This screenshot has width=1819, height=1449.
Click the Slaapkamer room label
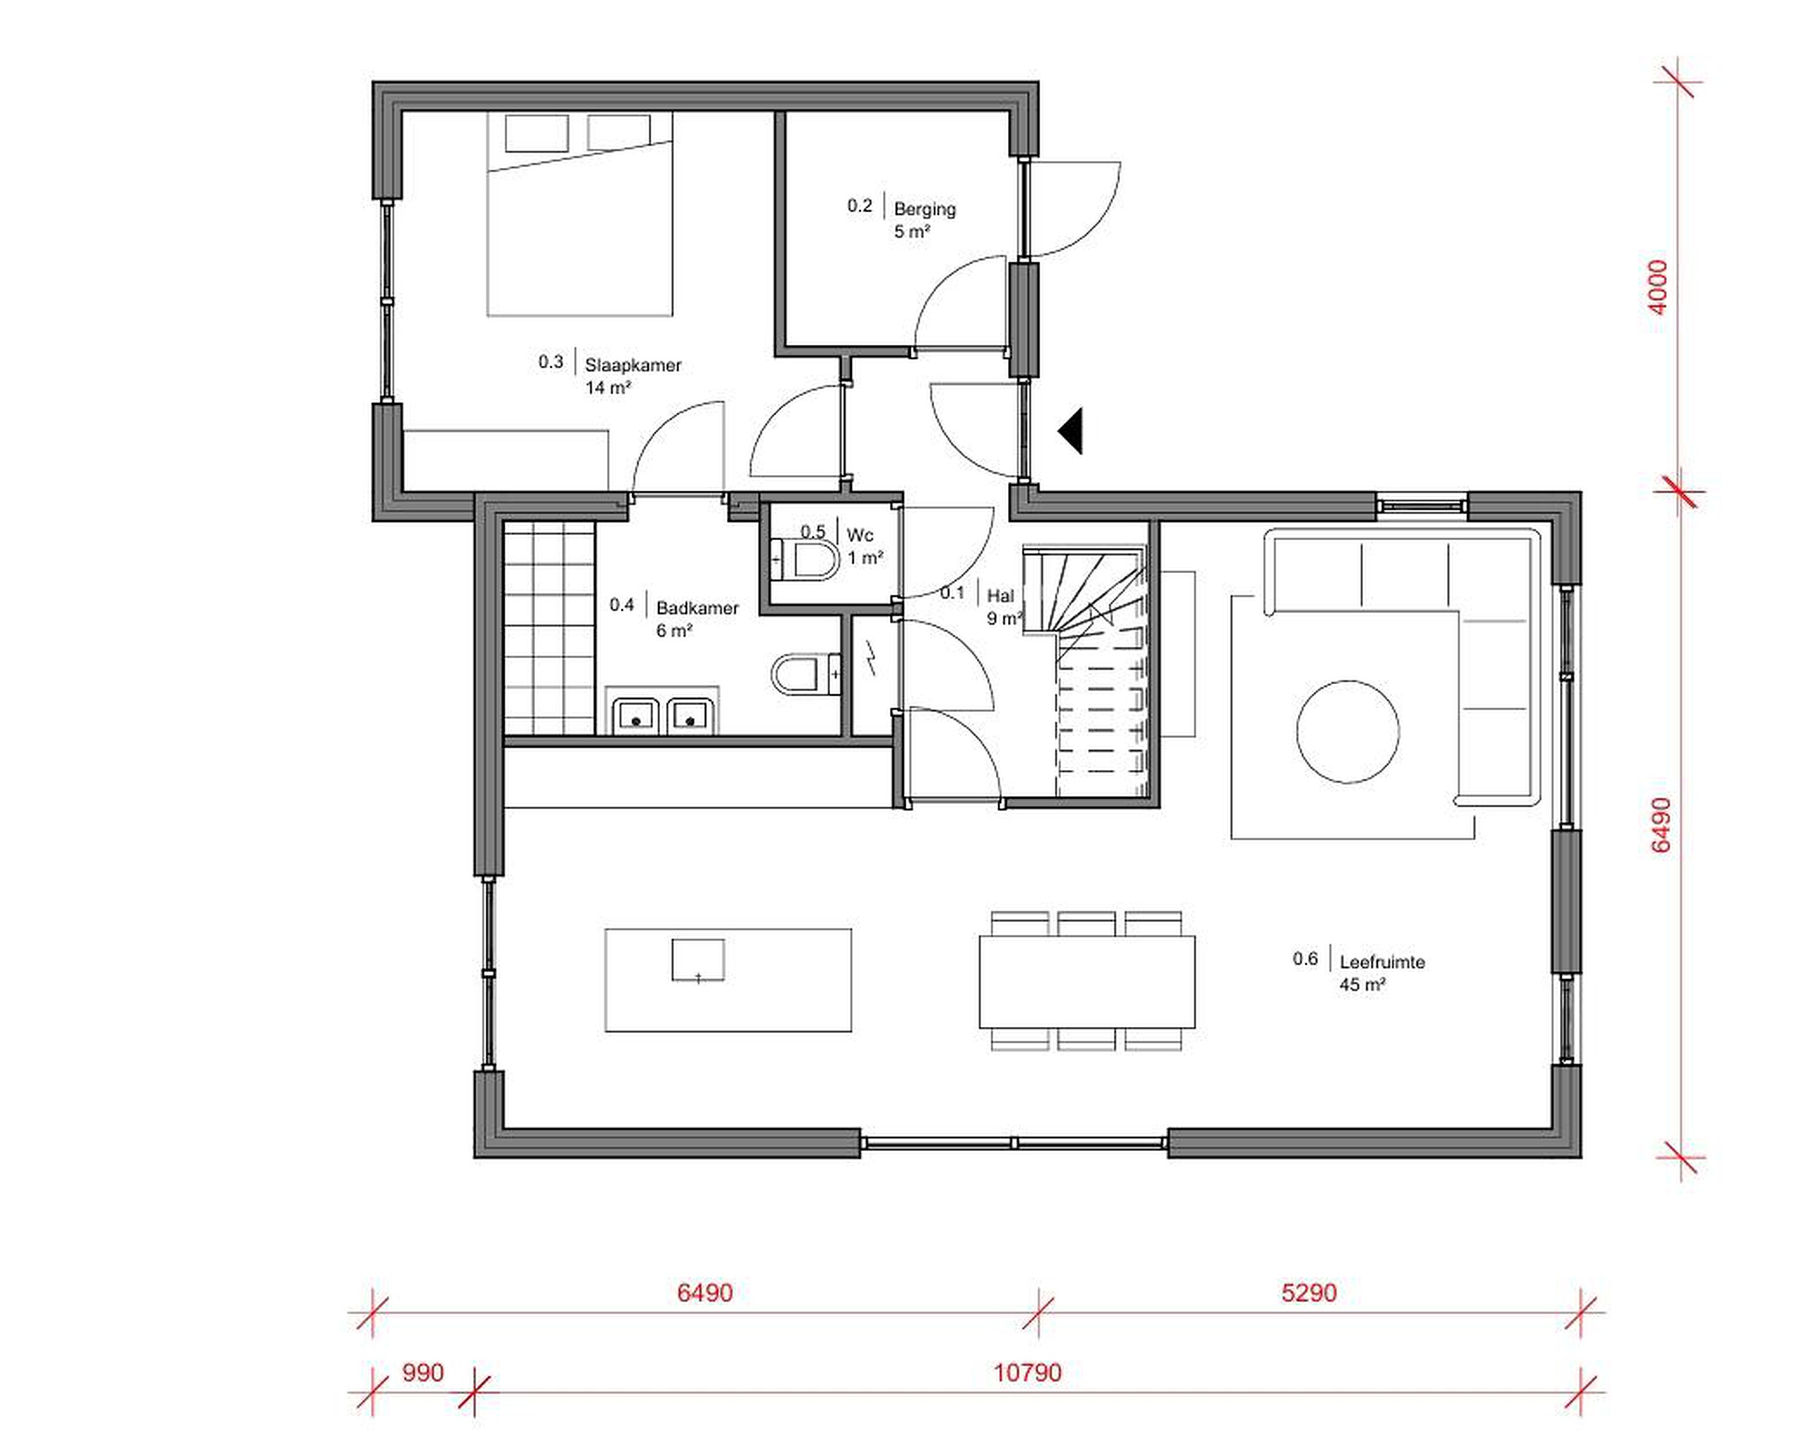(633, 366)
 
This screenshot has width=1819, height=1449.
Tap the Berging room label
(925, 208)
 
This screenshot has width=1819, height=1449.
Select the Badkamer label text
(697, 608)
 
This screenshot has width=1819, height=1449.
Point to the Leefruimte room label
(1382, 962)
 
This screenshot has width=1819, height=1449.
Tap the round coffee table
(1347, 731)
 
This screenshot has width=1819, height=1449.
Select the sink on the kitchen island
(698, 960)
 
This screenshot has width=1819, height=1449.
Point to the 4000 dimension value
(1658, 287)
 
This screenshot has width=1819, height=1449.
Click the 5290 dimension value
(1309, 1293)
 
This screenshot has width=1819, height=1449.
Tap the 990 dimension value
(423, 1373)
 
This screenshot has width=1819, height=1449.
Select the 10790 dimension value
(1028, 1373)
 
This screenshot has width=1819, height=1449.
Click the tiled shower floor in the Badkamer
(549, 628)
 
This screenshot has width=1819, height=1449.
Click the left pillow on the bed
(537, 133)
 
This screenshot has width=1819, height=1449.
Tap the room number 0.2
(860, 206)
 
